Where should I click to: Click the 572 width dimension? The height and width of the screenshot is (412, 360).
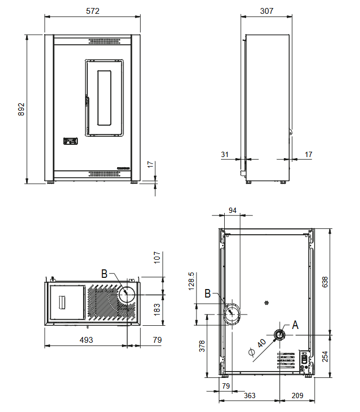[x=93, y=11]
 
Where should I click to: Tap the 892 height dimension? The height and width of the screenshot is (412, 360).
[x=21, y=109]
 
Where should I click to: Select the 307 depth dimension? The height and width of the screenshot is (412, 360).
[x=267, y=11]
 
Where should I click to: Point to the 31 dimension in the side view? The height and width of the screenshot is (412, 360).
[x=225, y=154]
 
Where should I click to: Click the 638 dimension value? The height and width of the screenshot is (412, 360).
[x=325, y=282]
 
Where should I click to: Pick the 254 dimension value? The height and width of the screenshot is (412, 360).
[x=325, y=357]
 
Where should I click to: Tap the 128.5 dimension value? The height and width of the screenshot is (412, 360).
[x=191, y=281]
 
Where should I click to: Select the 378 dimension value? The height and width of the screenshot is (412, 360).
[x=202, y=346]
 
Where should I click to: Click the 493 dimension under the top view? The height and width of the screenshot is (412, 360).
[x=86, y=340]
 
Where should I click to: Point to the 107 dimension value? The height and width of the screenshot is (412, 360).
[x=157, y=258]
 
